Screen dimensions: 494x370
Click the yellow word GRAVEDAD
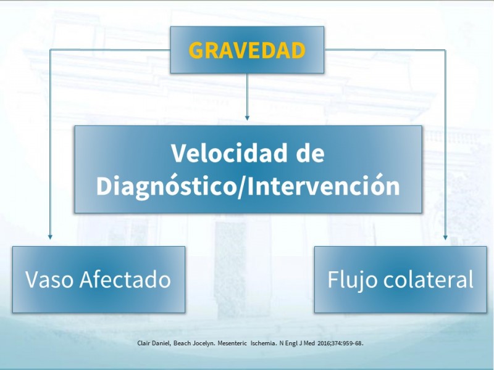tap(247, 51)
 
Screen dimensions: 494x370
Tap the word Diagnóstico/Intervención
tap(248, 186)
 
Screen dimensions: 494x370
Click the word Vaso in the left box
tap(50, 279)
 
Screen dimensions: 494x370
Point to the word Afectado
tap(125, 279)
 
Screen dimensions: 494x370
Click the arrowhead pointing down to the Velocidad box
tap(247, 118)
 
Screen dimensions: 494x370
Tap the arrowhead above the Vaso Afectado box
tap(50, 237)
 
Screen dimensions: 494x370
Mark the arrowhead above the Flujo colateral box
tap(445, 237)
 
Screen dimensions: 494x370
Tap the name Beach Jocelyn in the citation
tap(194, 343)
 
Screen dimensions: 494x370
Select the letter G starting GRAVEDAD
tap(196, 51)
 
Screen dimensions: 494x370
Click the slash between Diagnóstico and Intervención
tap(242, 187)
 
